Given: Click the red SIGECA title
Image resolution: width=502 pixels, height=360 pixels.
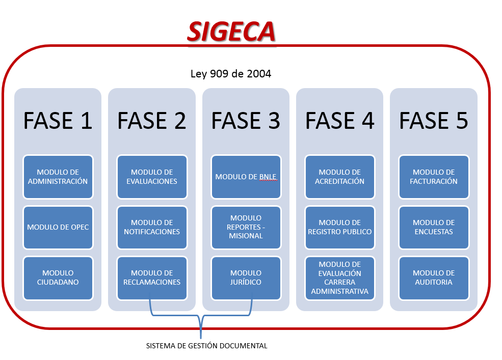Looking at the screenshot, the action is tap(231, 32).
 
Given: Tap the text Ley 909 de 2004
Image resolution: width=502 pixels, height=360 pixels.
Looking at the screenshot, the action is tap(231, 74).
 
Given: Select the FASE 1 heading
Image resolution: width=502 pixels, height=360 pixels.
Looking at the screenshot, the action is tap(58, 121).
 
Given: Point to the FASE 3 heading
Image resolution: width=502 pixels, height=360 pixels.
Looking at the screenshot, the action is tap(246, 121).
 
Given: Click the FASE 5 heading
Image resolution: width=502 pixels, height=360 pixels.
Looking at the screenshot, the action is tap(434, 121).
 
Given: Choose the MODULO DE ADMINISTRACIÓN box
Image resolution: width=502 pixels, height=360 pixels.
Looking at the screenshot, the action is tap(58, 177).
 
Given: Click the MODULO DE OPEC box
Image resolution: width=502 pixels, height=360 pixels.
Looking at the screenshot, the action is tap(58, 228).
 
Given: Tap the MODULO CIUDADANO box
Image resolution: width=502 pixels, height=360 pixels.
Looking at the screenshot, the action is tap(58, 278).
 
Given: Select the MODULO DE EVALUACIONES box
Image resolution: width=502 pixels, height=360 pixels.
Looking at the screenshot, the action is tap(152, 177).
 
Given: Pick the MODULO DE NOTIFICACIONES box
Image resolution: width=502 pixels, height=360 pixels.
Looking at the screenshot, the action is tap(152, 228).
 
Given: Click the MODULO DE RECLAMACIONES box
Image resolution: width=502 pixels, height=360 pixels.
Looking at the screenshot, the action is tap(152, 278).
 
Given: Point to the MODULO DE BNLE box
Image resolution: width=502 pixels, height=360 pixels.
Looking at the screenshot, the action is tap(246, 177).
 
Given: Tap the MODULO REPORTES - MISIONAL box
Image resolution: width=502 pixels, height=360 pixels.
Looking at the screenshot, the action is tap(246, 228).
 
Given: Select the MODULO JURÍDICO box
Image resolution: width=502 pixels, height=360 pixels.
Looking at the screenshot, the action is tap(246, 278).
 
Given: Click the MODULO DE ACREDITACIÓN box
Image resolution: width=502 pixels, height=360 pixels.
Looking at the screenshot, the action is tap(340, 177).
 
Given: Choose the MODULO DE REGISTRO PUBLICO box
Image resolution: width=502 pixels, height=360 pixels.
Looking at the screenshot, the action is tap(340, 228).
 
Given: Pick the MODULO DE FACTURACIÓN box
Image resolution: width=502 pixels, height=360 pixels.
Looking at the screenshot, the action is tap(434, 177).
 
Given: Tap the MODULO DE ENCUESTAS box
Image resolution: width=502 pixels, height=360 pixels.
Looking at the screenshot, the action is tap(434, 228).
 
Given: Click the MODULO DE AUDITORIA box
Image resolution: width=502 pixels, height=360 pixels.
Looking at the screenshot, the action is tap(434, 278).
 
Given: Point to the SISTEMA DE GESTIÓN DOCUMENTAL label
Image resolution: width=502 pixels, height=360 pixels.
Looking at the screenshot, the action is tap(206, 346).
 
